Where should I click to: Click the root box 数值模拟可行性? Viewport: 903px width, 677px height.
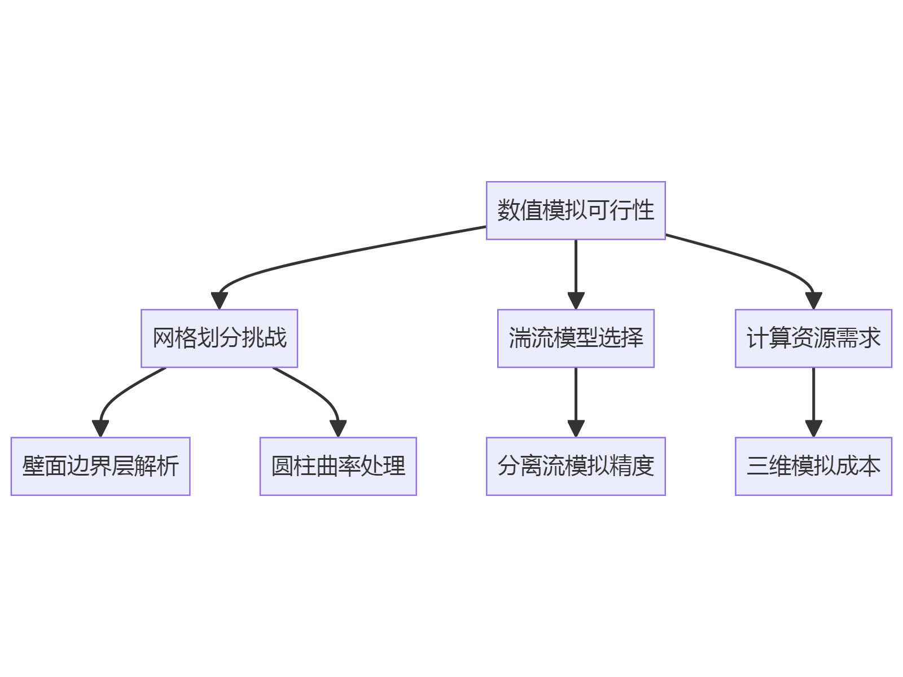pyautogui.click(x=576, y=210)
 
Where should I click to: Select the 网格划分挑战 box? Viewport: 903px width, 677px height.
pyautogui.click(x=219, y=338)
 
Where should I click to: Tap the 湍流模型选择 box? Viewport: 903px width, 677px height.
pyautogui.click(x=576, y=338)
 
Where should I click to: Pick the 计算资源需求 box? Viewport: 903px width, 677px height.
pyautogui.click(x=813, y=338)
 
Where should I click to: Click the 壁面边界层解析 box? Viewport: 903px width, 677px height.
pyautogui.click(x=100, y=466)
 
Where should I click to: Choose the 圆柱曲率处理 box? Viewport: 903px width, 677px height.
pyautogui.click(x=338, y=466)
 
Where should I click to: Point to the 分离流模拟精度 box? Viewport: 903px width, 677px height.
pyautogui.click(x=576, y=466)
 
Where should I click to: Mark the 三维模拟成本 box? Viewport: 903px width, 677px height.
pyautogui.click(x=813, y=466)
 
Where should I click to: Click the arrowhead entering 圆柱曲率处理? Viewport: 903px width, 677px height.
pyautogui.click(x=338, y=429)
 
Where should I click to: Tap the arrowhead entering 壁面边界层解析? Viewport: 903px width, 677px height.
pyautogui.click(x=100, y=429)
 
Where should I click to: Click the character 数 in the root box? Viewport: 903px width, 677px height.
pyautogui.click(x=508, y=210)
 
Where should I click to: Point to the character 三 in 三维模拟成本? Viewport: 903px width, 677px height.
pyautogui.click(x=757, y=466)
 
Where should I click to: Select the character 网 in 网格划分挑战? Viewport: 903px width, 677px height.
pyautogui.click(x=164, y=338)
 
